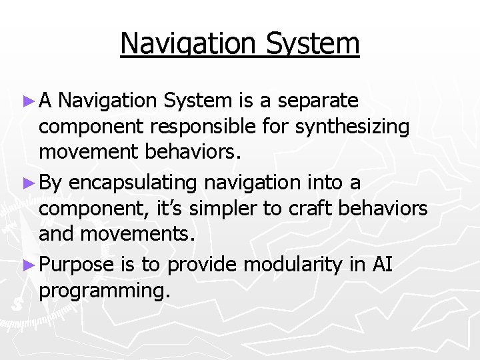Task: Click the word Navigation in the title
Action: click(188, 44)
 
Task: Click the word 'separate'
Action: click(318, 101)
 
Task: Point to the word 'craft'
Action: click(311, 209)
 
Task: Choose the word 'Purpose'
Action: click(77, 265)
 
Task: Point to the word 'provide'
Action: click(202, 265)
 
